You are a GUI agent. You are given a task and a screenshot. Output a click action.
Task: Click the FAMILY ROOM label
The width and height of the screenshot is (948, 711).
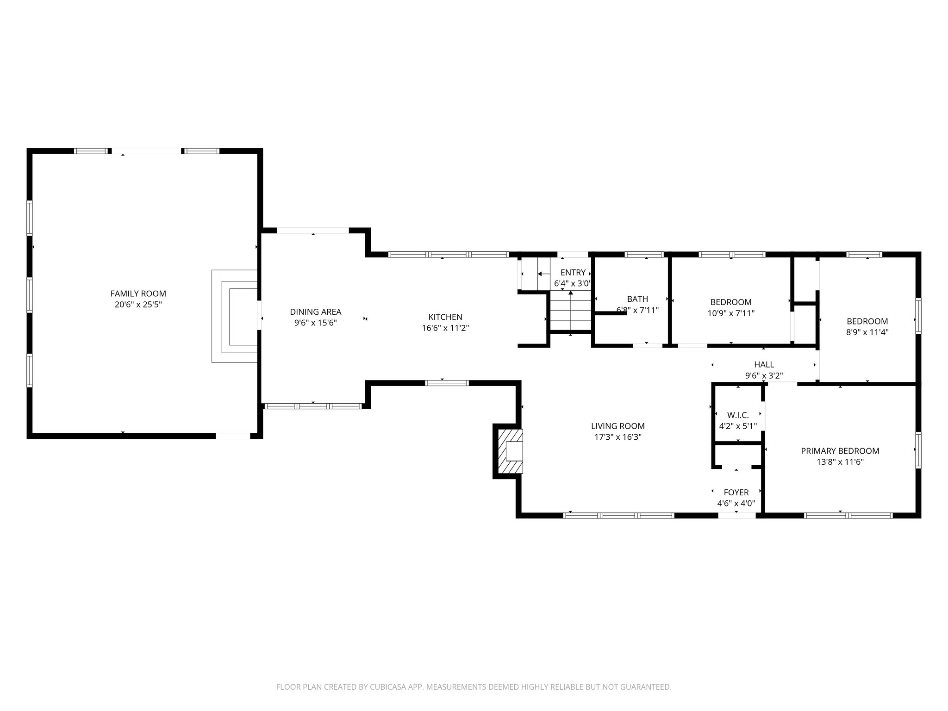pos(138,293)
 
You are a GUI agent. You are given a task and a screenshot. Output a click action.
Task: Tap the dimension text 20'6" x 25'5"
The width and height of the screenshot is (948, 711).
pos(138,305)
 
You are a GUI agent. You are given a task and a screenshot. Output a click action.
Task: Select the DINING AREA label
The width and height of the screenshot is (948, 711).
pos(315,312)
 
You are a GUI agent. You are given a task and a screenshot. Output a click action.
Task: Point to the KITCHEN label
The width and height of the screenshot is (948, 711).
pos(445,317)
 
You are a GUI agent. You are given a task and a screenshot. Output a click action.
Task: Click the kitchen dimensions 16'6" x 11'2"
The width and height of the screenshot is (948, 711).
pos(445,328)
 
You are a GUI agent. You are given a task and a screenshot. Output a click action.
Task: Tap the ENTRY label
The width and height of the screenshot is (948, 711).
pos(573,273)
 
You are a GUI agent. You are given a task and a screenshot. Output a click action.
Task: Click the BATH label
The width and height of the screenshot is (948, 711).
pos(637,299)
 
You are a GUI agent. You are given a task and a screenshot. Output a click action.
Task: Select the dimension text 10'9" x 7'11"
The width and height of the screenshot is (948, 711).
pos(731,313)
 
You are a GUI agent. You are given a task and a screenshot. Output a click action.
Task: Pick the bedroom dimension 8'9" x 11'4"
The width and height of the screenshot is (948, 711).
pos(867,332)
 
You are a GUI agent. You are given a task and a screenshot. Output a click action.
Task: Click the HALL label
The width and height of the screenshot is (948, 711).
pos(764,365)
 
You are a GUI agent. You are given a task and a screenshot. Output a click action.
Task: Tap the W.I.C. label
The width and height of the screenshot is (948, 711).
pos(738,415)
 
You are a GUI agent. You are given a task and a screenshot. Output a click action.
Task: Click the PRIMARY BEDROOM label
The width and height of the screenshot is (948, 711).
pos(840,451)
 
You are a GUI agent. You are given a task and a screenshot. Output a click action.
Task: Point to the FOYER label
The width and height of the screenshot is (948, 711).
pos(736,493)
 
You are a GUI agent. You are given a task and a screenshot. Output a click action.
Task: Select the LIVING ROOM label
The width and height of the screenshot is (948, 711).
pos(617,426)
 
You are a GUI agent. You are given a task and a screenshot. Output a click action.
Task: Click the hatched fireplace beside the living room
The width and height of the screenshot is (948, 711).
pos(509,451)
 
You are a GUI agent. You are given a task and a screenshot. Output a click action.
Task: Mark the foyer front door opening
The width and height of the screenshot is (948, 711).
pos(736,515)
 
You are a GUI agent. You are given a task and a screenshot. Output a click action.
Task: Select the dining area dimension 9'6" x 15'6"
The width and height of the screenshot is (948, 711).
pos(315,323)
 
